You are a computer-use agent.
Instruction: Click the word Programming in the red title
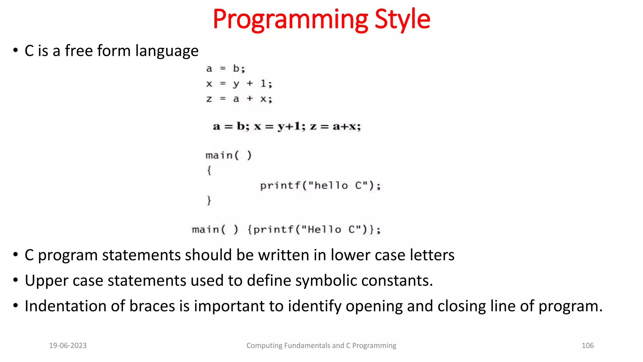coord(290,19)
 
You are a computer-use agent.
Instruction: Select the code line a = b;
coord(225,69)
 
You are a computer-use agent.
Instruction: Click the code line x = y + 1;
coord(239,84)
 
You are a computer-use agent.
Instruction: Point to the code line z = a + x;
coord(239,99)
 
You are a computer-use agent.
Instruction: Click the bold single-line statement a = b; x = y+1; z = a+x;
coord(287,126)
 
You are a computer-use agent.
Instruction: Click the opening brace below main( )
coord(209,171)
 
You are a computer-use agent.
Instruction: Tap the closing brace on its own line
coord(209,200)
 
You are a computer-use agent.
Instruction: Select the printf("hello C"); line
coord(320,186)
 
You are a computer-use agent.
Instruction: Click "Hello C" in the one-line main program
coord(328,230)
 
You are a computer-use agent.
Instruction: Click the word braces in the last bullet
coord(152,306)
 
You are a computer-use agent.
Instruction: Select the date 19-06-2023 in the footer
coord(68,346)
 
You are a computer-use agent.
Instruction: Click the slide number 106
coord(587,346)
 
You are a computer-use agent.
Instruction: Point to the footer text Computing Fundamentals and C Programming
coord(321,346)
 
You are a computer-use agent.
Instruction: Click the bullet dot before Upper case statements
coord(15,280)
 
